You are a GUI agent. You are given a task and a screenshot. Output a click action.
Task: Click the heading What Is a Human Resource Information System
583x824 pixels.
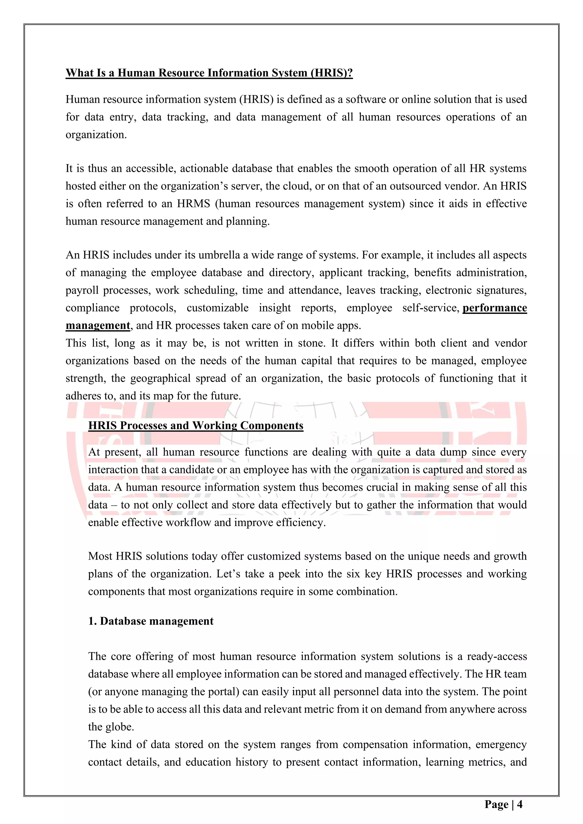pyautogui.click(x=209, y=73)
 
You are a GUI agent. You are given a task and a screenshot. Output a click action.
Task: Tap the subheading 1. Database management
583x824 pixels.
pyautogui.click(x=151, y=621)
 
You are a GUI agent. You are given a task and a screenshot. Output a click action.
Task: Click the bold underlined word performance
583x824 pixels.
pyautogui.click(x=494, y=308)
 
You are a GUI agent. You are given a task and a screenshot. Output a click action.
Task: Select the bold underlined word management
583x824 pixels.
pyautogui.click(x=98, y=326)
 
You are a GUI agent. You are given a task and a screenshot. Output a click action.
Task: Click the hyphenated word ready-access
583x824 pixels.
pyautogui.click(x=497, y=656)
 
